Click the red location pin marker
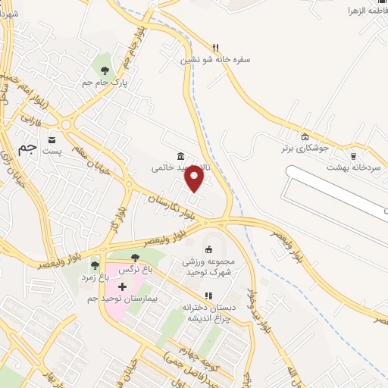195,179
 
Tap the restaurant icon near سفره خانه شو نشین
216,47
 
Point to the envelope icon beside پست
52,140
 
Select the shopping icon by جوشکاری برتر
305,137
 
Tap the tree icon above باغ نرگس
135,258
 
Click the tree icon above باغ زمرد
94,265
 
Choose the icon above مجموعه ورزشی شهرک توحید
209,249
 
